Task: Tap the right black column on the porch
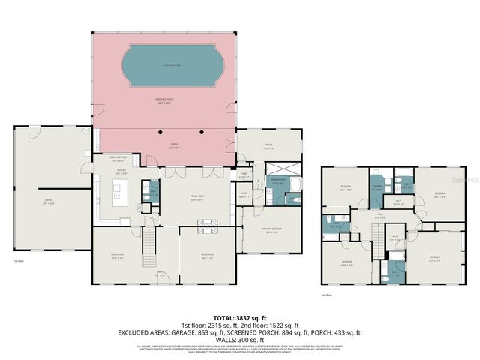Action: (x=202, y=132)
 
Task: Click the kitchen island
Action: (x=118, y=197)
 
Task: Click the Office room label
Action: (x=267, y=146)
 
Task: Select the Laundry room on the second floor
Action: (x=377, y=189)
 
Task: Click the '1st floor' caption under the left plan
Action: (x=17, y=261)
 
